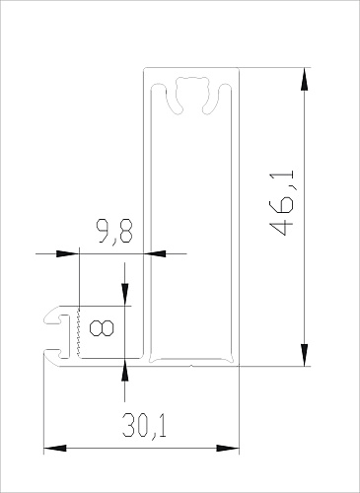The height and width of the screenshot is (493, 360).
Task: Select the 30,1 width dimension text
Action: tap(144, 426)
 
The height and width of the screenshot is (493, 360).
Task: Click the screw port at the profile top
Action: tap(192, 95)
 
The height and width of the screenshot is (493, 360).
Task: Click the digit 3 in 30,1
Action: tap(128, 426)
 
